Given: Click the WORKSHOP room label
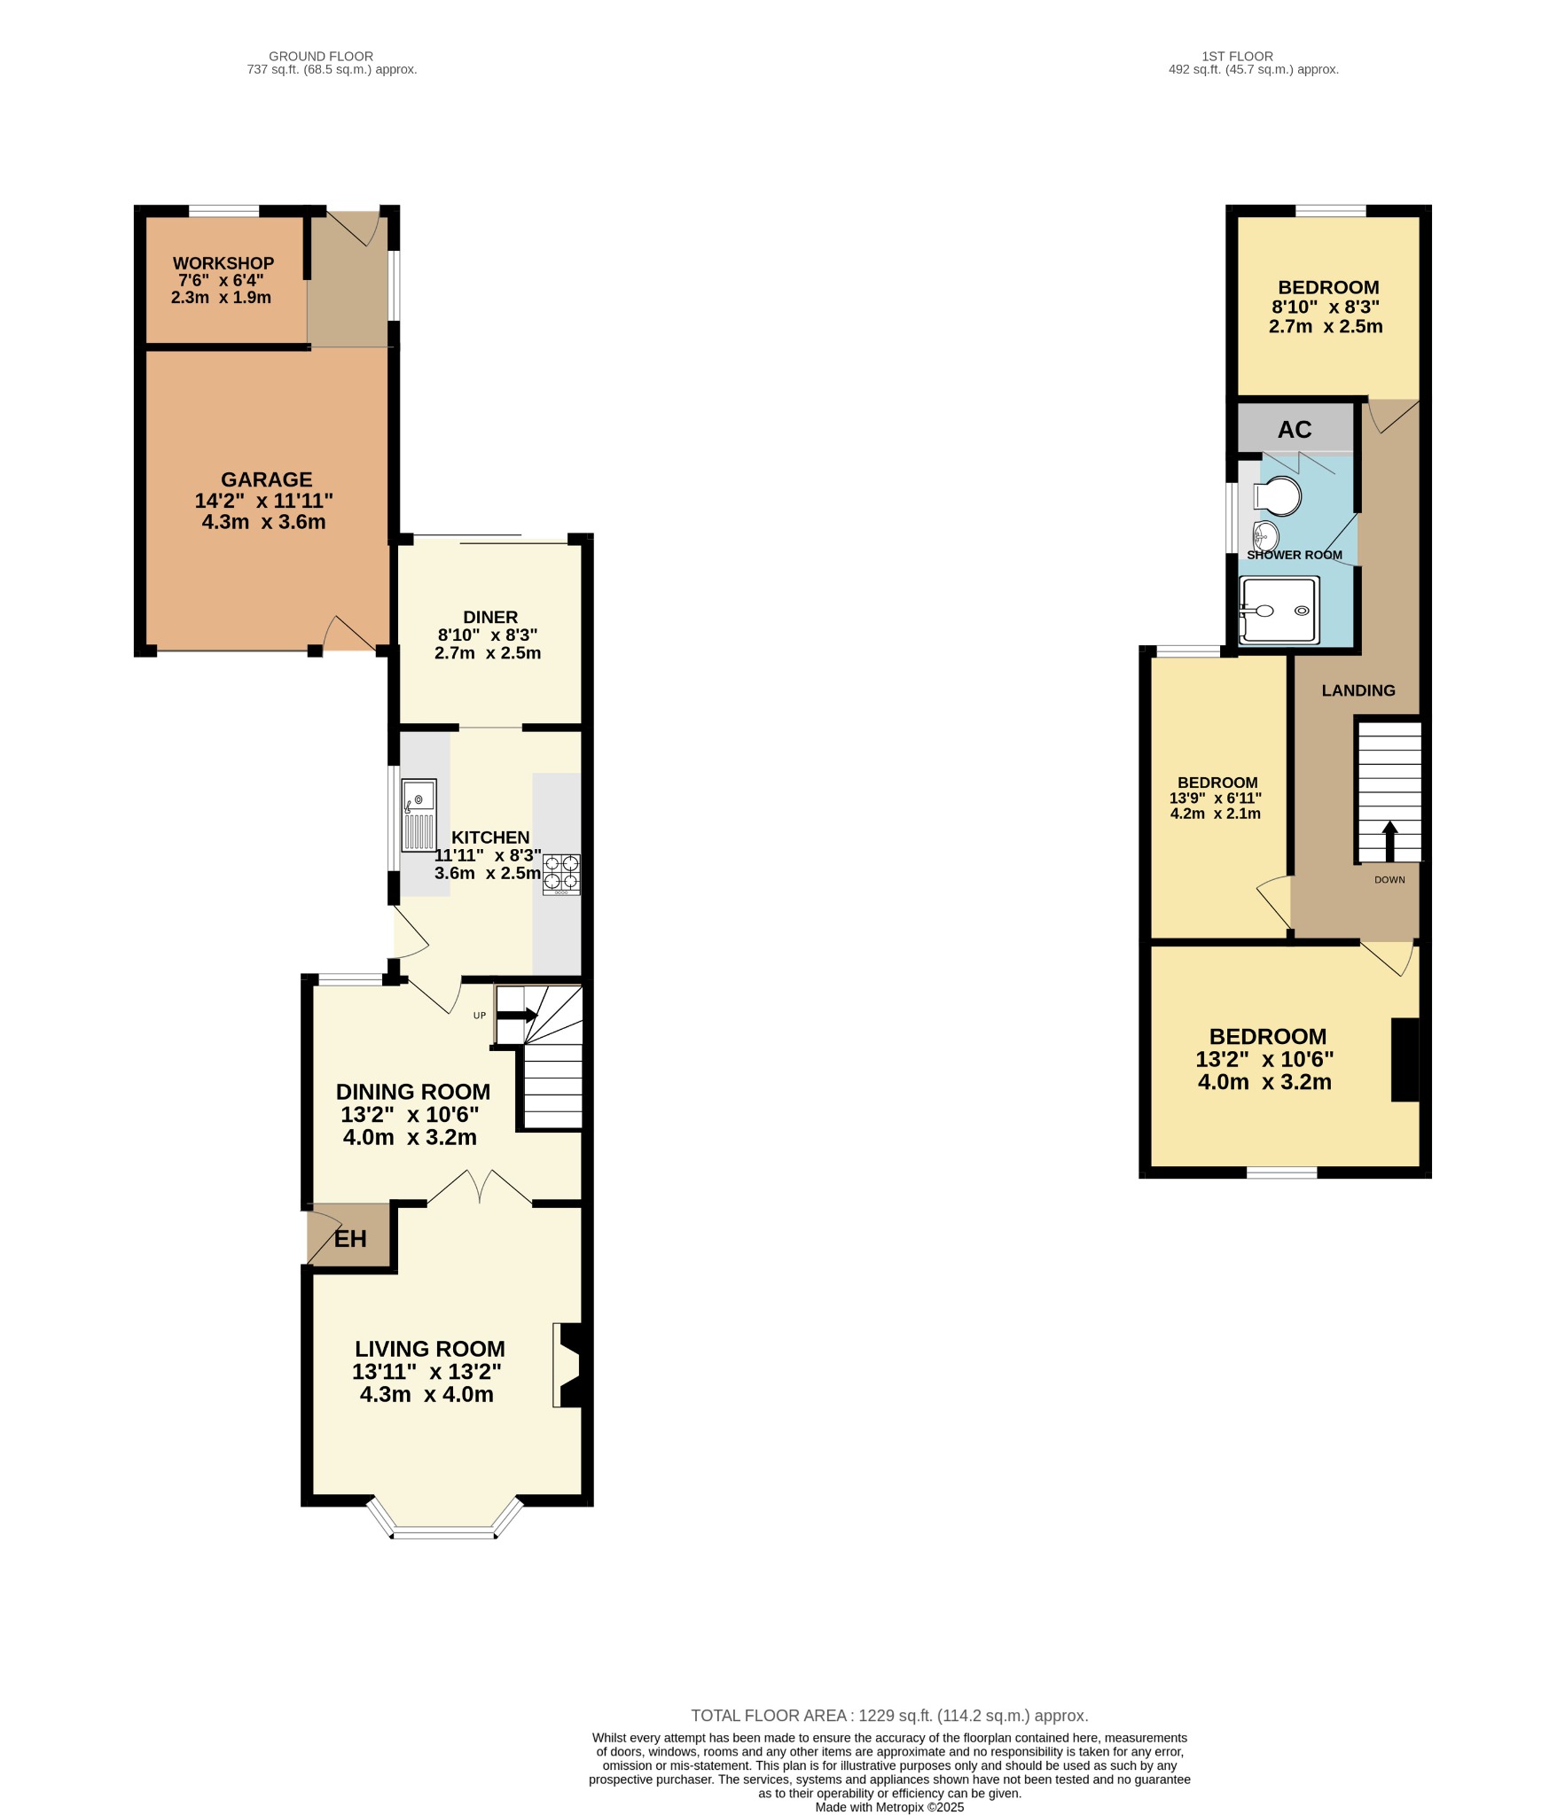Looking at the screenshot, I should [x=223, y=264].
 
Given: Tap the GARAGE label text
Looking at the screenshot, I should [x=266, y=479].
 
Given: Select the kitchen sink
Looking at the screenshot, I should [x=419, y=814].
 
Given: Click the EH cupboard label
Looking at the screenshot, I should [x=350, y=1238].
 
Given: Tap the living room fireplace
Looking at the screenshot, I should [x=568, y=1365].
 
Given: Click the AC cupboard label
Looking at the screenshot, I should [x=1294, y=430].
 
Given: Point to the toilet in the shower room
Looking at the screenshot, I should [x=1279, y=495].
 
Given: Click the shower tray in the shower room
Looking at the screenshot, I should [x=1279, y=609].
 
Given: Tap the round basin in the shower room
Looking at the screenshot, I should [x=1265, y=535].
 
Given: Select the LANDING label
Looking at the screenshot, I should [x=1358, y=690].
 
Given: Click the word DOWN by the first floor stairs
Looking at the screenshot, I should [x=1389, y=880].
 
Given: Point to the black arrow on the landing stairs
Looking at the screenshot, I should [x=1389, y=839].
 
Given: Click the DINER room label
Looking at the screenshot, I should [x=490, y=617].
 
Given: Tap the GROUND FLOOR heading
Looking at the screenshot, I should [x=321, y=56].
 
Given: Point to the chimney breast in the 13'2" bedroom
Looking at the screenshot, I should [x=1405, y=1059].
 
